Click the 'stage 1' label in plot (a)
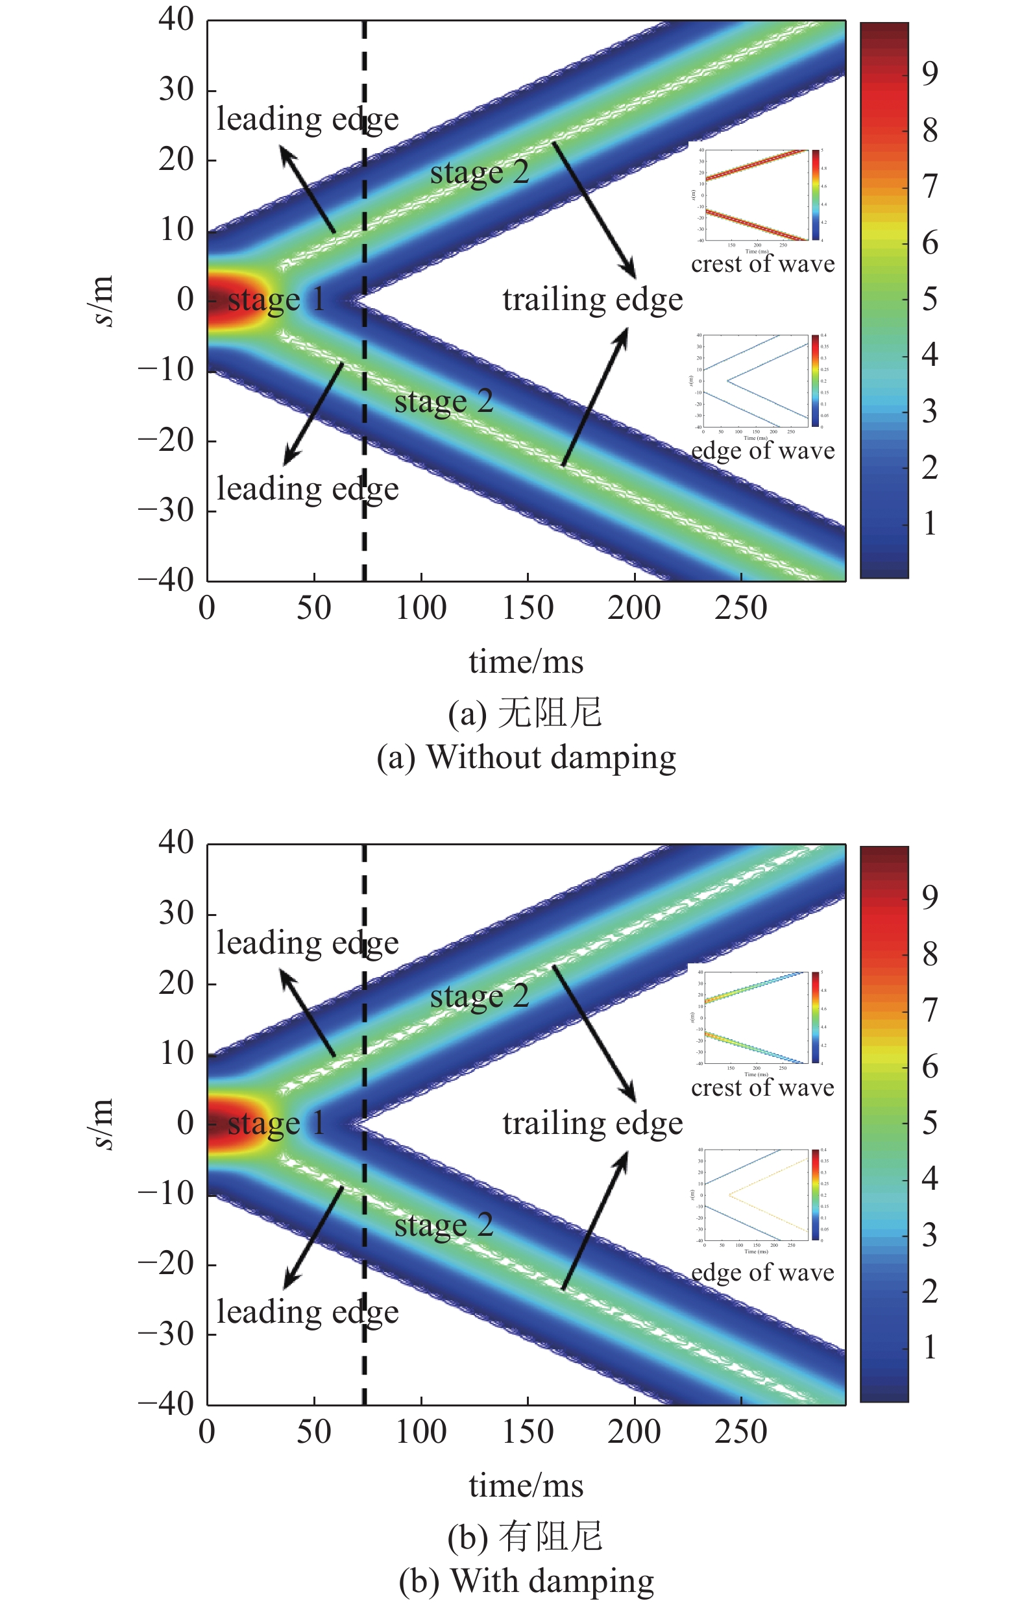tap(276, 300)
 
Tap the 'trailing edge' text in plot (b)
tap(592, 1124)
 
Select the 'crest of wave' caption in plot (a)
tap(762, 264)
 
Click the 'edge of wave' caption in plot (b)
tap(762, 1272)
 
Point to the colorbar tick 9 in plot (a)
tap(930, 73)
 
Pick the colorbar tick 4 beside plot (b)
tap(930, 1178)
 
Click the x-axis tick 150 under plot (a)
tap(528, 609)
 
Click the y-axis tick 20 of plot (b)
tap(176, 984)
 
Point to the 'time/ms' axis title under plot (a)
tap(526, 662)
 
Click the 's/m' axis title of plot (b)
tap(102, 1124)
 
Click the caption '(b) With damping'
tap(526, 1581)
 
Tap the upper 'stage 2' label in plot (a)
tap(480, 173)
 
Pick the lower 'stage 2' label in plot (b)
tap(444, 1225)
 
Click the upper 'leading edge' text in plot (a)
tap(307, 120)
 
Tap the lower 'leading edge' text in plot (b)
tap(307, 1312)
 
